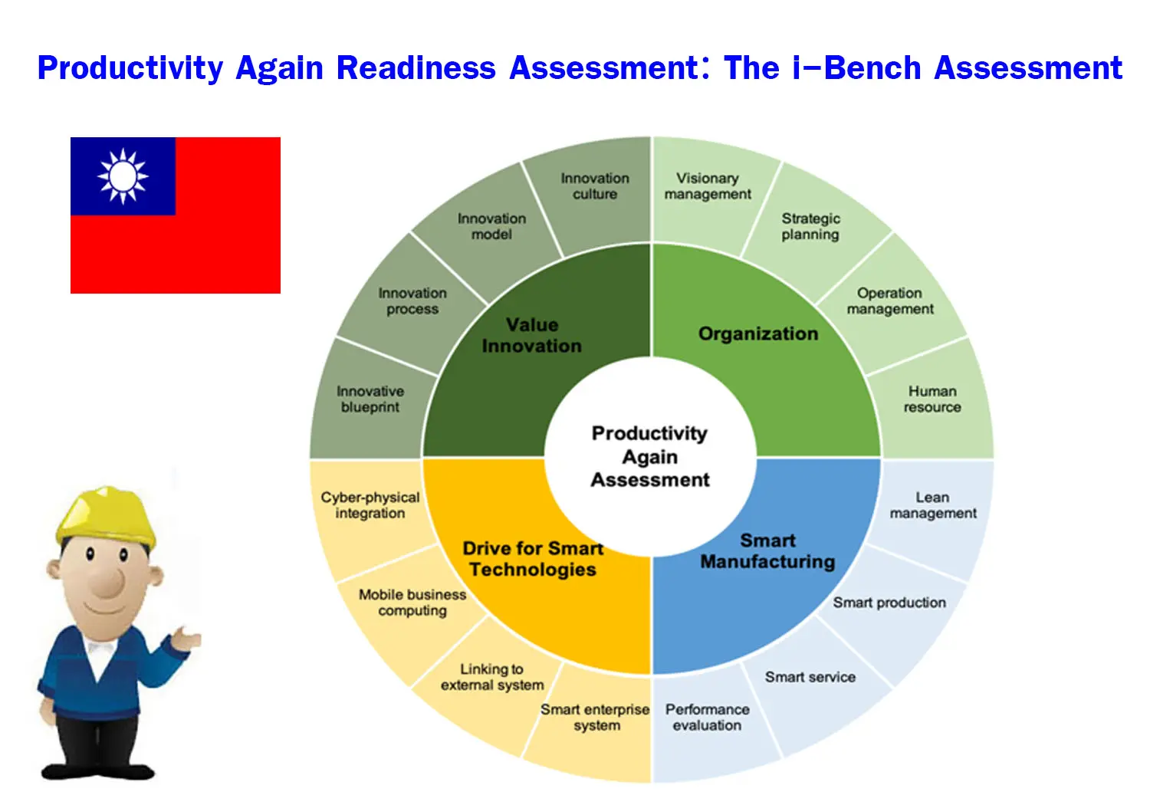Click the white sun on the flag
tap(123, 176)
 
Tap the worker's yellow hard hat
tap(107, 517)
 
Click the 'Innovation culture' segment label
tap(595, 186)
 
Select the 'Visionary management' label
tap(708, 186)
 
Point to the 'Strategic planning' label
tap(810, 226)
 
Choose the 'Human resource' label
tap(932, 399)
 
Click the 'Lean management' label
tap(933, 505)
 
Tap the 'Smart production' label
tap(889, 602)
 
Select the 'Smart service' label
tap(810, 677)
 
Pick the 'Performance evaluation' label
tap(707, 717)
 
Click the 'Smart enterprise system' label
tap(595, 717)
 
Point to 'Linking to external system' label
tap(492, 677)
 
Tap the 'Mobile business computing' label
tap(412, 602)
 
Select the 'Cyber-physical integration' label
tap(370, 505)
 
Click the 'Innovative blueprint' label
tap(370, 399)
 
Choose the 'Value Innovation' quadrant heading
tap(532, 335)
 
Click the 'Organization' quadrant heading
tap(757, 333)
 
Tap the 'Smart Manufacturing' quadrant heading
tap(767, 551)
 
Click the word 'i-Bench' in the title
tap(857, 67)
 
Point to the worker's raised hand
tap(186, 638)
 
